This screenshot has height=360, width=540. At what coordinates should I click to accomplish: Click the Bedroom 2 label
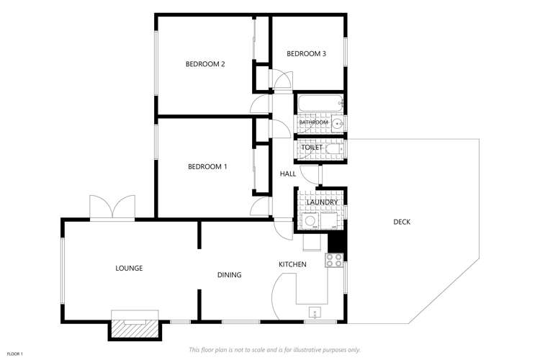(x=205, y=64)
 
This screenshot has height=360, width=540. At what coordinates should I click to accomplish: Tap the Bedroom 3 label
(x=306, y=53)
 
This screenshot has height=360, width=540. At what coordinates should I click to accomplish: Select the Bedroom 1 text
(x=207, y=166)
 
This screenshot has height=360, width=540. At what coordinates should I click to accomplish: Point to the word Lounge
(x=129, y=268)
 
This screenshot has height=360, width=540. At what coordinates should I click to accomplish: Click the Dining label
(x=230, y=274)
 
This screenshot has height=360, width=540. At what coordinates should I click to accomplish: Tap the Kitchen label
(x=292, y=264)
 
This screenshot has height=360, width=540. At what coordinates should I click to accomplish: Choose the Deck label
(x=402, y=222)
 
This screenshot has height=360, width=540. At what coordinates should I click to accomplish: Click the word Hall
(x=288, y=174)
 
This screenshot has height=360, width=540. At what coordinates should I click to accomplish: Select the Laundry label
(x=322, y=202)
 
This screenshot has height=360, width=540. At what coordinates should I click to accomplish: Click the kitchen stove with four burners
(x=334, y=261)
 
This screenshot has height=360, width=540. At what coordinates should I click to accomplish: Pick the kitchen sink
(x=315, y=312)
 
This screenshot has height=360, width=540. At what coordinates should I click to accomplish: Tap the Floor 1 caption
(x=15, y=354)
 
